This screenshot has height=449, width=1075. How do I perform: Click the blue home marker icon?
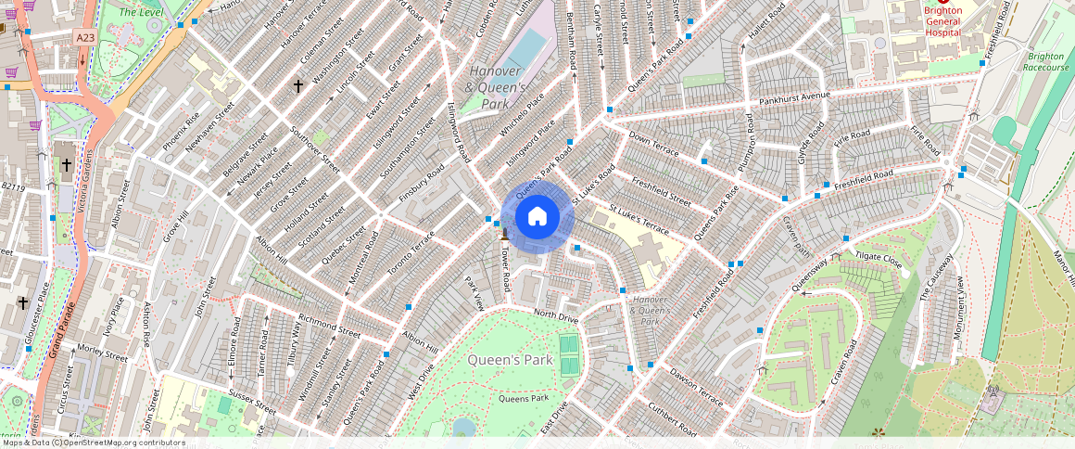tap(537, 217)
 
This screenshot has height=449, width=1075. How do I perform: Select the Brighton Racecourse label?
tap(1046, 61)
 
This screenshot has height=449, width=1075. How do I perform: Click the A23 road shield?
tap(85, 37)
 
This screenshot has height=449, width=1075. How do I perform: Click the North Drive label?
tap(556, 316)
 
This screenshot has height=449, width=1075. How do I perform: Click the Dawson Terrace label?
tap(696, 388)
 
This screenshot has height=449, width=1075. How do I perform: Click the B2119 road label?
tap(12, 186)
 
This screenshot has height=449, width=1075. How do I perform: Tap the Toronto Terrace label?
tap(411, 253)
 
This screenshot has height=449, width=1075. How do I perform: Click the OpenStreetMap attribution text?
tap(93, 443)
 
